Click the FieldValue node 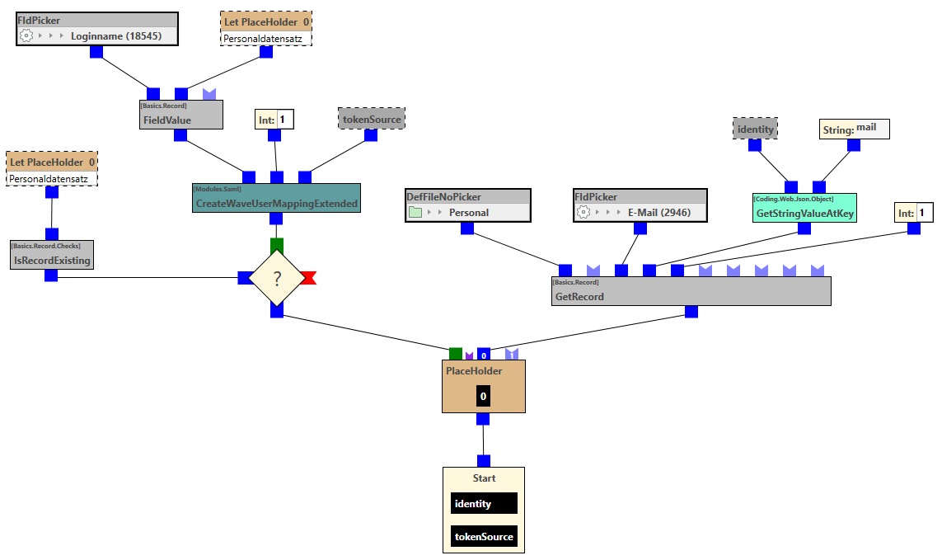pyautogui.click(x=181, y=115)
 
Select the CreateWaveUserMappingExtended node pyautogui.click(x=276, y=198)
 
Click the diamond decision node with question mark pyautogui.click(x=277, y=279)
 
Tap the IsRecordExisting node pyautogui.click(x=51, y=255)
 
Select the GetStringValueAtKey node pyautogui.click(x=804, y=209)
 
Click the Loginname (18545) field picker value pyautogui.click(x=115, y=36)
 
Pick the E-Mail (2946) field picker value pyautogui.click(x=658, y=212)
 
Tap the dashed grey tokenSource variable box pyautogui.click(x=371, y=119)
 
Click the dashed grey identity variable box pyautogui.click(x=755, y=129)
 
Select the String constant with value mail pyautogui.click(x=854, y=129)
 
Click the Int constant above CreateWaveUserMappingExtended pyautogui.click(x=275, y=120)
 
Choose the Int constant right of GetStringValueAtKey pyautogui.click(x=914, y=213)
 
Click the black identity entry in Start pyautogui.click(x=484, y=503)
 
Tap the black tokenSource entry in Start pyautogui.click(x=484, y=536)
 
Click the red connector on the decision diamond pyautogui.click(x=308, y=278)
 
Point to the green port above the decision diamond pyautogui.click(x=277, y=244)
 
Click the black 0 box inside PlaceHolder pyautogui.click(x=483, y=397)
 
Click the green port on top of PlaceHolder pyautogui.click(x=456, y=353)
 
